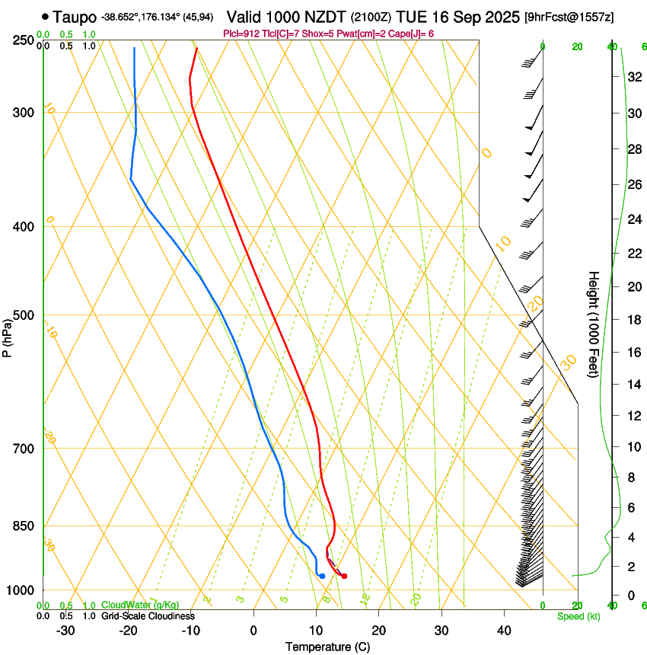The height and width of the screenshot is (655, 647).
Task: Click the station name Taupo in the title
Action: (x=75, y=16)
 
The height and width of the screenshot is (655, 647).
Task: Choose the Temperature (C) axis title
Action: (x=327, y=647)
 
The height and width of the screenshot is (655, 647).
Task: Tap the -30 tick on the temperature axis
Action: (x=65, y=630)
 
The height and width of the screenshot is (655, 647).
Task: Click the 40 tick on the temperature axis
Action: (x=504, y=630)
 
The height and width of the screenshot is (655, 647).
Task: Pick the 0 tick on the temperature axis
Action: (x=253, y=630)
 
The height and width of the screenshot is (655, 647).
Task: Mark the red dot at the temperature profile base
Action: (x=345, y=576)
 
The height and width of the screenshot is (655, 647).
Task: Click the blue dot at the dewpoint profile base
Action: (x=322, y=576)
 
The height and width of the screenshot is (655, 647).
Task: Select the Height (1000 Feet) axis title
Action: (x=594, y=324)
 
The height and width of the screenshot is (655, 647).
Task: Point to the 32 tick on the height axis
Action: (x=633, y=76)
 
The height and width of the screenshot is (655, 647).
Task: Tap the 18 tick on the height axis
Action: (x=633, y=319)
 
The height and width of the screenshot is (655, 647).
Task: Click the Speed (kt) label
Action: (x=578, y=616)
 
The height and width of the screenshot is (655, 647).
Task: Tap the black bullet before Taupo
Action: (x=45, y=16)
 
